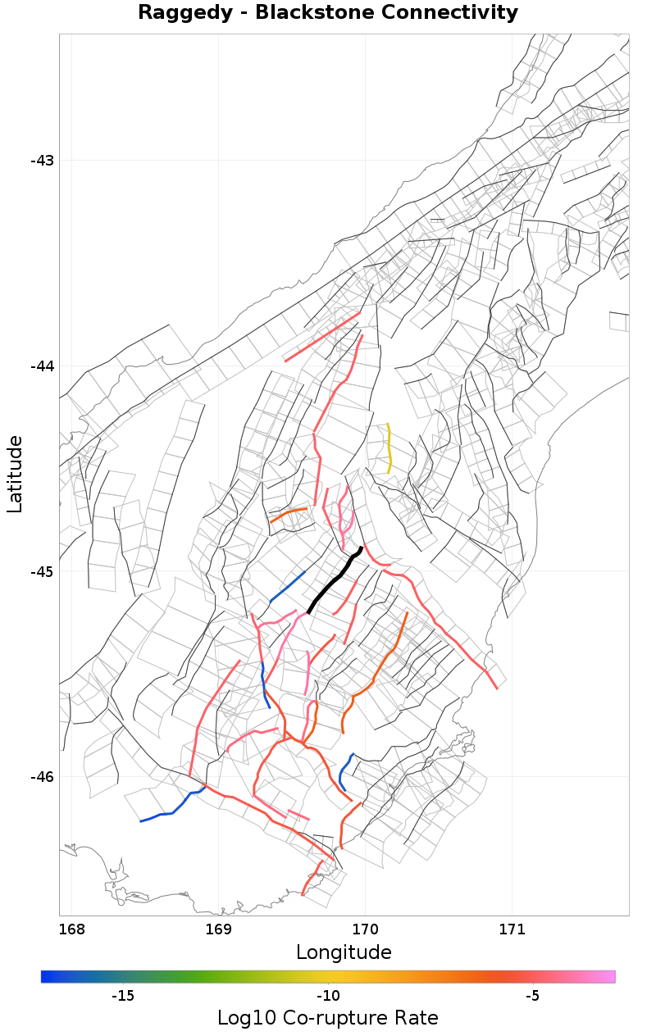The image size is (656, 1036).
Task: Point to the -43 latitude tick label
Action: click(x=42, y=161)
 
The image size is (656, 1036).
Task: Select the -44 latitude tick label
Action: click(x=42, y=366)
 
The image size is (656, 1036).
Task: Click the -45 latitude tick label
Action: click(x=42, y=572)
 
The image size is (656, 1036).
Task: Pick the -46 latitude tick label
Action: click(x=42, y=777)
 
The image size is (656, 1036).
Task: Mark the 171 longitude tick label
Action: click(x=512, y=929)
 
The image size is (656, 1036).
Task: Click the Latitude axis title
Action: click(x=16, y=475)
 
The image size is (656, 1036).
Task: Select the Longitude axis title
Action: click(x=344, y=952)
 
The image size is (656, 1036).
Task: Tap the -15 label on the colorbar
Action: click(x=123, y=996)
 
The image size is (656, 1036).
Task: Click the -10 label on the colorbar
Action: click(x=328, y=996)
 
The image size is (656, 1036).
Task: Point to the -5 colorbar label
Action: click(x=532, y=996)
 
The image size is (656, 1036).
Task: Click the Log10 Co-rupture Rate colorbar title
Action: click(x=327, y=1019)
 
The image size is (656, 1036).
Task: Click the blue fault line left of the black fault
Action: click(x=287, y=587)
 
